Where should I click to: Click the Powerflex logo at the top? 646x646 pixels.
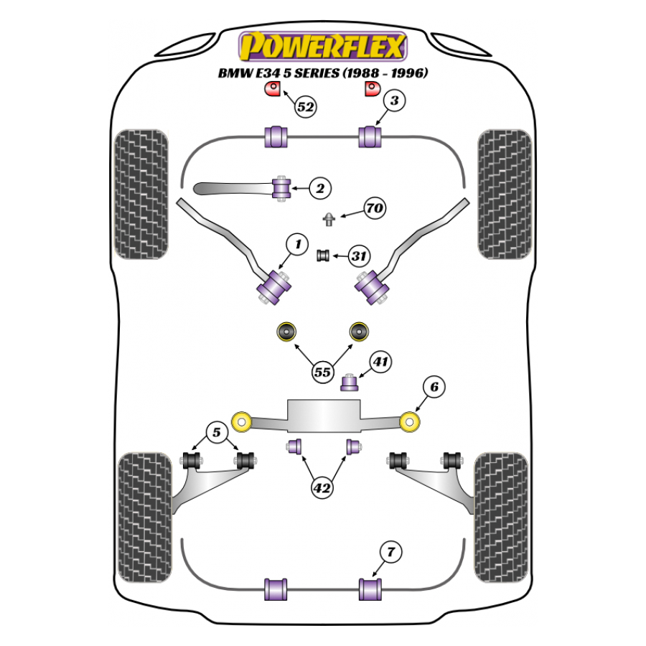[323, 47]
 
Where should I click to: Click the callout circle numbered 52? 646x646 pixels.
[306, 108]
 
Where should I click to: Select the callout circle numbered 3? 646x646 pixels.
[393, 101]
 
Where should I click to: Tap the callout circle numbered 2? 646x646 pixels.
[320, 189]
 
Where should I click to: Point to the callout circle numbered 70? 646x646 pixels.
[374, 209]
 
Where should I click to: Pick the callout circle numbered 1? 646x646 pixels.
[296, 245]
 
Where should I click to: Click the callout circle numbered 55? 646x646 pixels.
[323, 372]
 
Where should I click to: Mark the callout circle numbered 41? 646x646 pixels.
[380, 363]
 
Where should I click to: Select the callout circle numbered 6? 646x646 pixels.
[433, 388]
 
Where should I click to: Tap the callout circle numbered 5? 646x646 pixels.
[215, 432]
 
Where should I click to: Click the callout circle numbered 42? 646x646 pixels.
[323, 488]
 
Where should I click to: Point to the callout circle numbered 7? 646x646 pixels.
[390, 553]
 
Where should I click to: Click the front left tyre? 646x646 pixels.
[141, 194]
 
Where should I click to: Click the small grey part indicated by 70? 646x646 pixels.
[329, 218]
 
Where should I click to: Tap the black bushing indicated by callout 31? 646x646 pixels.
[324, 255]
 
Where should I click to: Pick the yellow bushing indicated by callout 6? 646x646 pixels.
[410, 421]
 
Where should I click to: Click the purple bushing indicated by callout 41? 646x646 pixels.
[350, 383]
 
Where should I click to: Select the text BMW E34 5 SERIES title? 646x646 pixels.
[323, 72]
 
